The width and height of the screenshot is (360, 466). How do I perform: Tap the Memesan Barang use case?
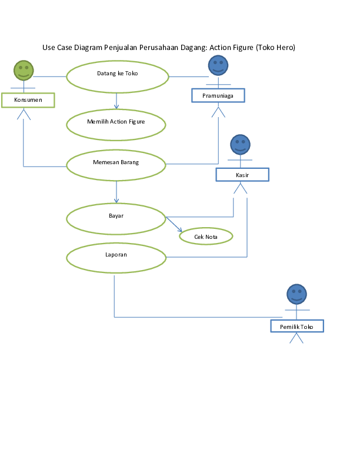pos(116,165)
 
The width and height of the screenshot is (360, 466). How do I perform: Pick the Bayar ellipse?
pos(116,218)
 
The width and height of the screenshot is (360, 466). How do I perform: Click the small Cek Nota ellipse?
pos(206,237)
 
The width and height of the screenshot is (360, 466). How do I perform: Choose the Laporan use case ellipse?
pos(116,258)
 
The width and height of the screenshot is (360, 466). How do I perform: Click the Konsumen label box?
pos(28,100)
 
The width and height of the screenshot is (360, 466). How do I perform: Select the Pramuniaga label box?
pos(218,95)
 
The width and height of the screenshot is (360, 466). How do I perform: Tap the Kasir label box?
pos(242,175)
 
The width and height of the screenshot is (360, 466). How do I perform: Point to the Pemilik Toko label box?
pos(296,327)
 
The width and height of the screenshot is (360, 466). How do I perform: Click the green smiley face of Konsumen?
pos(24,70)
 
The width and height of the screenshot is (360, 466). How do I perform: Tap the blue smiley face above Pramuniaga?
pos(218,65)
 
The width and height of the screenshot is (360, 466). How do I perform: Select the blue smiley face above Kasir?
pos(239,144)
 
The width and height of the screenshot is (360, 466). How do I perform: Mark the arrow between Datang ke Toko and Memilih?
pos(116,101)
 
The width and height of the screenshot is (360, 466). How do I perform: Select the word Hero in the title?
pos(284,47)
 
